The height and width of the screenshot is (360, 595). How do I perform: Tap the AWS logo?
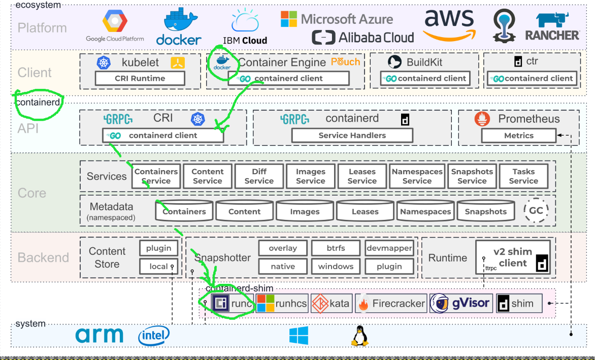(x=449, y=24)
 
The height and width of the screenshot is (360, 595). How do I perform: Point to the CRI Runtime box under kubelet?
(x=140, y=79)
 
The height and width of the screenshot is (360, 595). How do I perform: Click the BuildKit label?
(x=424, y=62)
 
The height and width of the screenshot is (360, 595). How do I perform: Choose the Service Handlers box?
(x=352, y=136)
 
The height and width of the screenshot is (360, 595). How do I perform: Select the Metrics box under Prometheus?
(x=518, y=136)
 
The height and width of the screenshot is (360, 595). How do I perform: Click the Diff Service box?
(x=259, y=176)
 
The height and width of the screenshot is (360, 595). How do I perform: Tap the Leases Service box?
(x=362, y=176)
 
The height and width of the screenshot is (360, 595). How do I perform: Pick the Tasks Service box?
(x=523, y=176)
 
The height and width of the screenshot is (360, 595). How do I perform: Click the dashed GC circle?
(x=536, y=210)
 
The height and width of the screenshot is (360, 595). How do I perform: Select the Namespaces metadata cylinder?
(x=425, y=211)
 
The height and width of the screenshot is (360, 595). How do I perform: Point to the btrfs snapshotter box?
(x=336, y=248)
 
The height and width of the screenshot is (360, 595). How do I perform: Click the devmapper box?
(x=389, y=248)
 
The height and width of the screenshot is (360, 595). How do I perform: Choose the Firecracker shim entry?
(x=391, y=304)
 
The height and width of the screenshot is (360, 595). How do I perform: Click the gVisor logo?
(x=461, y=304)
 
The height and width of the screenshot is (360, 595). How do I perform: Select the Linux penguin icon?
(x=359, y=336)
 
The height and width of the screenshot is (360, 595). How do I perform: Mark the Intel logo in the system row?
(x=154, y=335)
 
